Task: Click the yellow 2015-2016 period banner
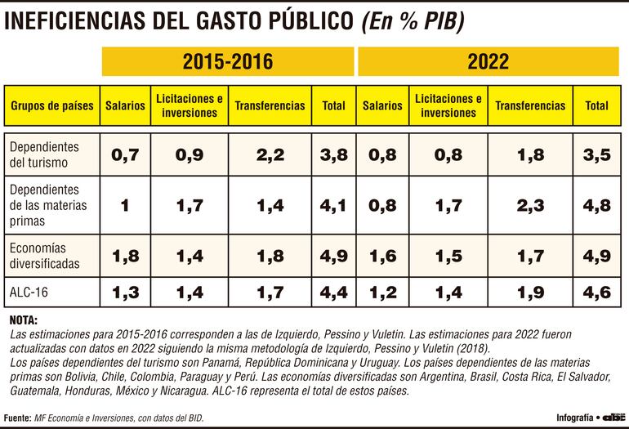[227, 62]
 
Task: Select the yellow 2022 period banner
[488, 62]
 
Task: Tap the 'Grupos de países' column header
[52, 105]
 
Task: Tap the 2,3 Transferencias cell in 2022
[530, 205]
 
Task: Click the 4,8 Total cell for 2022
[597, 205]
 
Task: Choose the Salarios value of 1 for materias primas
[125, 205]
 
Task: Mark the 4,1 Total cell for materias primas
[333, 205]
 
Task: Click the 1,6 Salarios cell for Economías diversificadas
[382, 256]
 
